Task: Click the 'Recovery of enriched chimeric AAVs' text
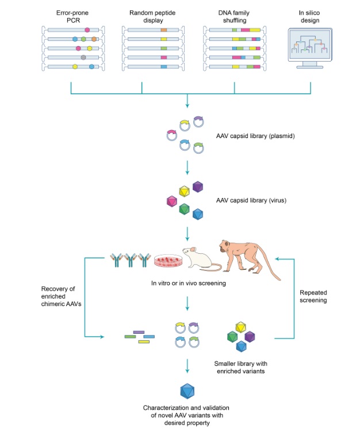coord(58,296)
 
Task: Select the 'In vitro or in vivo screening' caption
coord(187,283)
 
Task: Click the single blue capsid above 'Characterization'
coord(187,392)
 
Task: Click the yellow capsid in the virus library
coord(184,192)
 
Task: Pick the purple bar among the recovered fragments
coord(139,332)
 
